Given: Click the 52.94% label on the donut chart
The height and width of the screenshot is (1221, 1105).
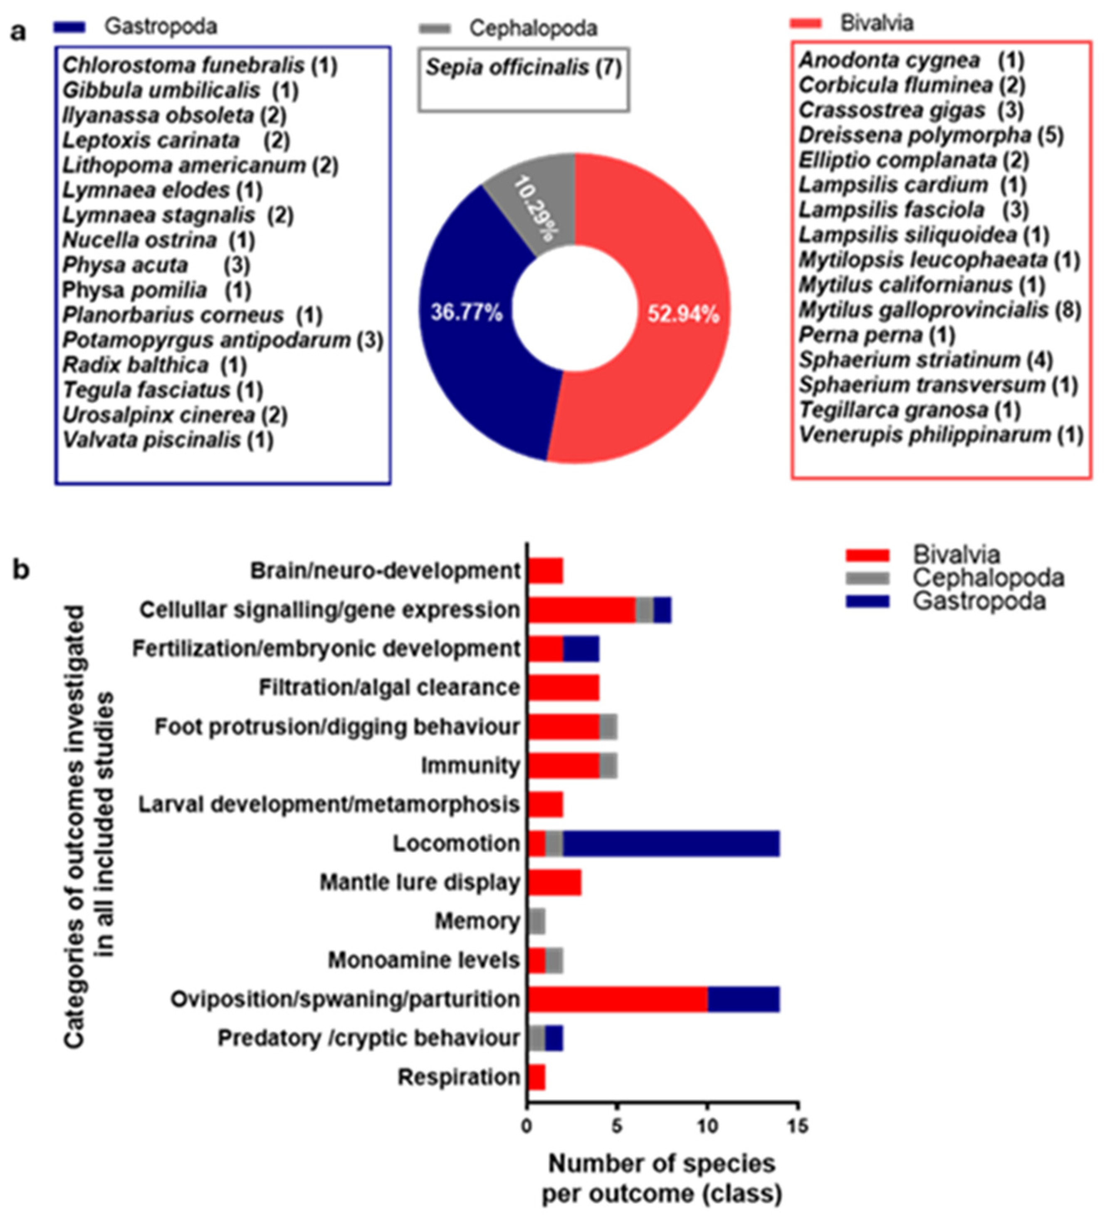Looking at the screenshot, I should pyautogui.click(x=683, y=315).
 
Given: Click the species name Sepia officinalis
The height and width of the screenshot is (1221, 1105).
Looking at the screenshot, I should pyautogui.click(x=507, y=67).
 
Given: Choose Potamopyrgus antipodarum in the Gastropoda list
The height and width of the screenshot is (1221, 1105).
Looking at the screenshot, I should pyautogui.click(x=206, y=340).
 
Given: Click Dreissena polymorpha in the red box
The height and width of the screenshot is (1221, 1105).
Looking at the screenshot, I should pyautogui.click(x=914, y=135).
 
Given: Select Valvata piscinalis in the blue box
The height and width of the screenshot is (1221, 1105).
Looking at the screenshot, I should pyautogui.click(x=151, y=440).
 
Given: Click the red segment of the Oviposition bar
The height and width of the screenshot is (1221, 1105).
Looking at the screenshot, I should pyautogui.click(x=618, y=999).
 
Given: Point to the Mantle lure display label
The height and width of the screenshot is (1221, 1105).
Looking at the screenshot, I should pyautogui.click(x=420, y=882).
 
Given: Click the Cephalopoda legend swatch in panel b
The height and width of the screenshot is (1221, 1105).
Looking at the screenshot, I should pyautogui.click(x=867, y=578).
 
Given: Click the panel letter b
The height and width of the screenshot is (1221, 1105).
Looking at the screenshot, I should pyautogui.click(x=21, y=570).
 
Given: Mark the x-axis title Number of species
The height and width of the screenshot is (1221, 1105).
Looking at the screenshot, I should pyautogui.click(x=662, y=1164).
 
